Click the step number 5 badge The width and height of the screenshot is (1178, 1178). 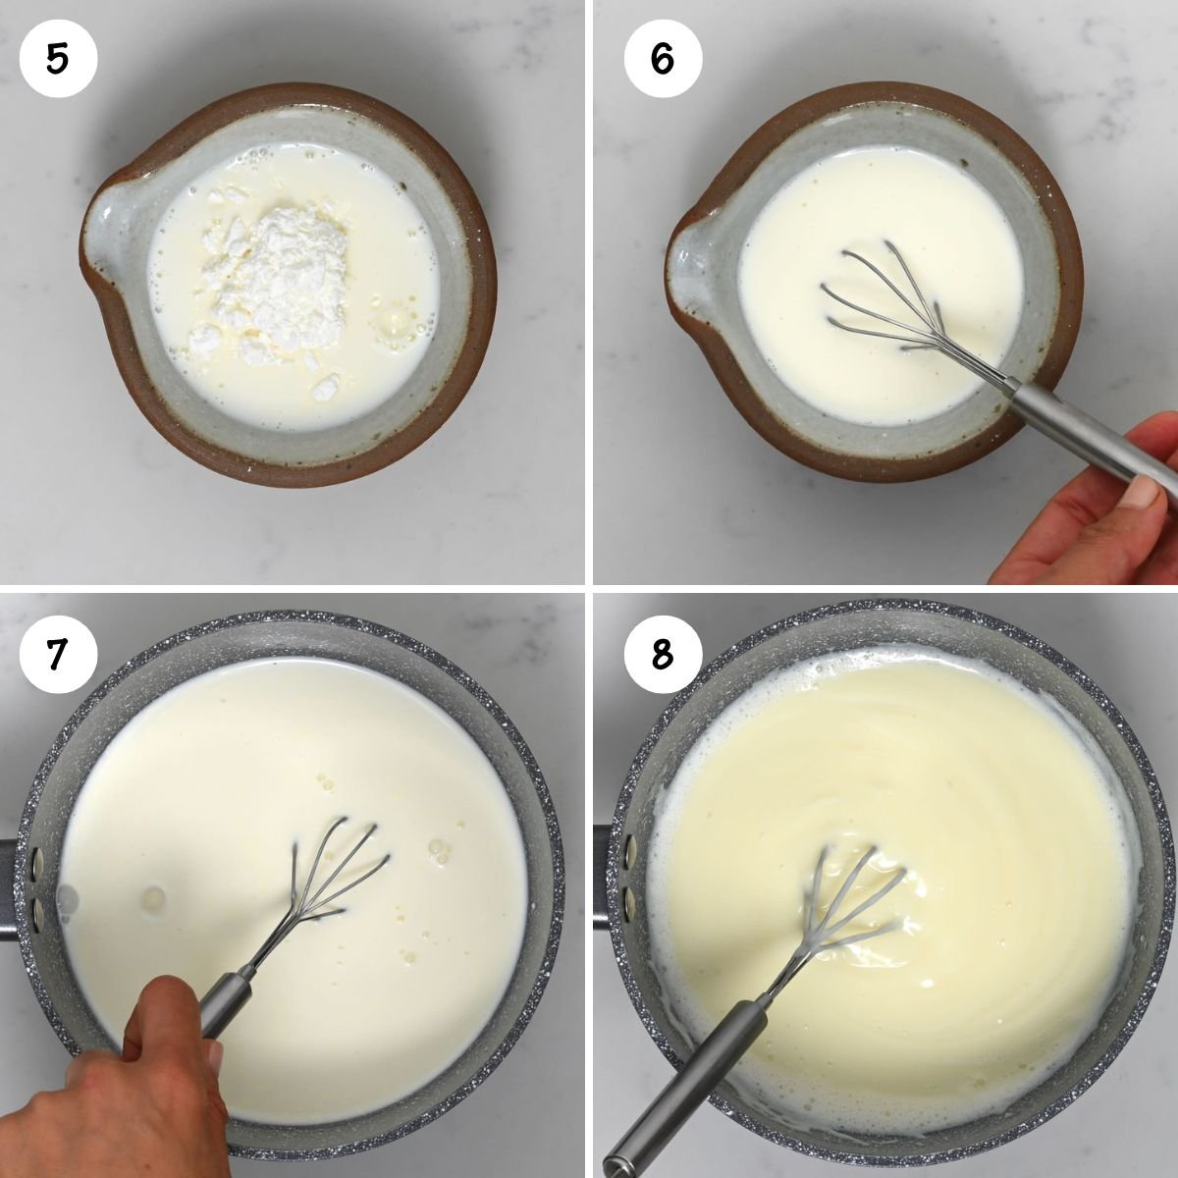pyautogui.click(x=58, y=59)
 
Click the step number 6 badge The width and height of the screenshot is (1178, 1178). pyautogui.click(x=663, y=59)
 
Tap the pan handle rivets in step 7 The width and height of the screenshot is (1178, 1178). pyautogui.click(x=36, y=883)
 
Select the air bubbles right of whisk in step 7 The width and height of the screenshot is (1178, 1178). pyautogui.click(x=437, y=849)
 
